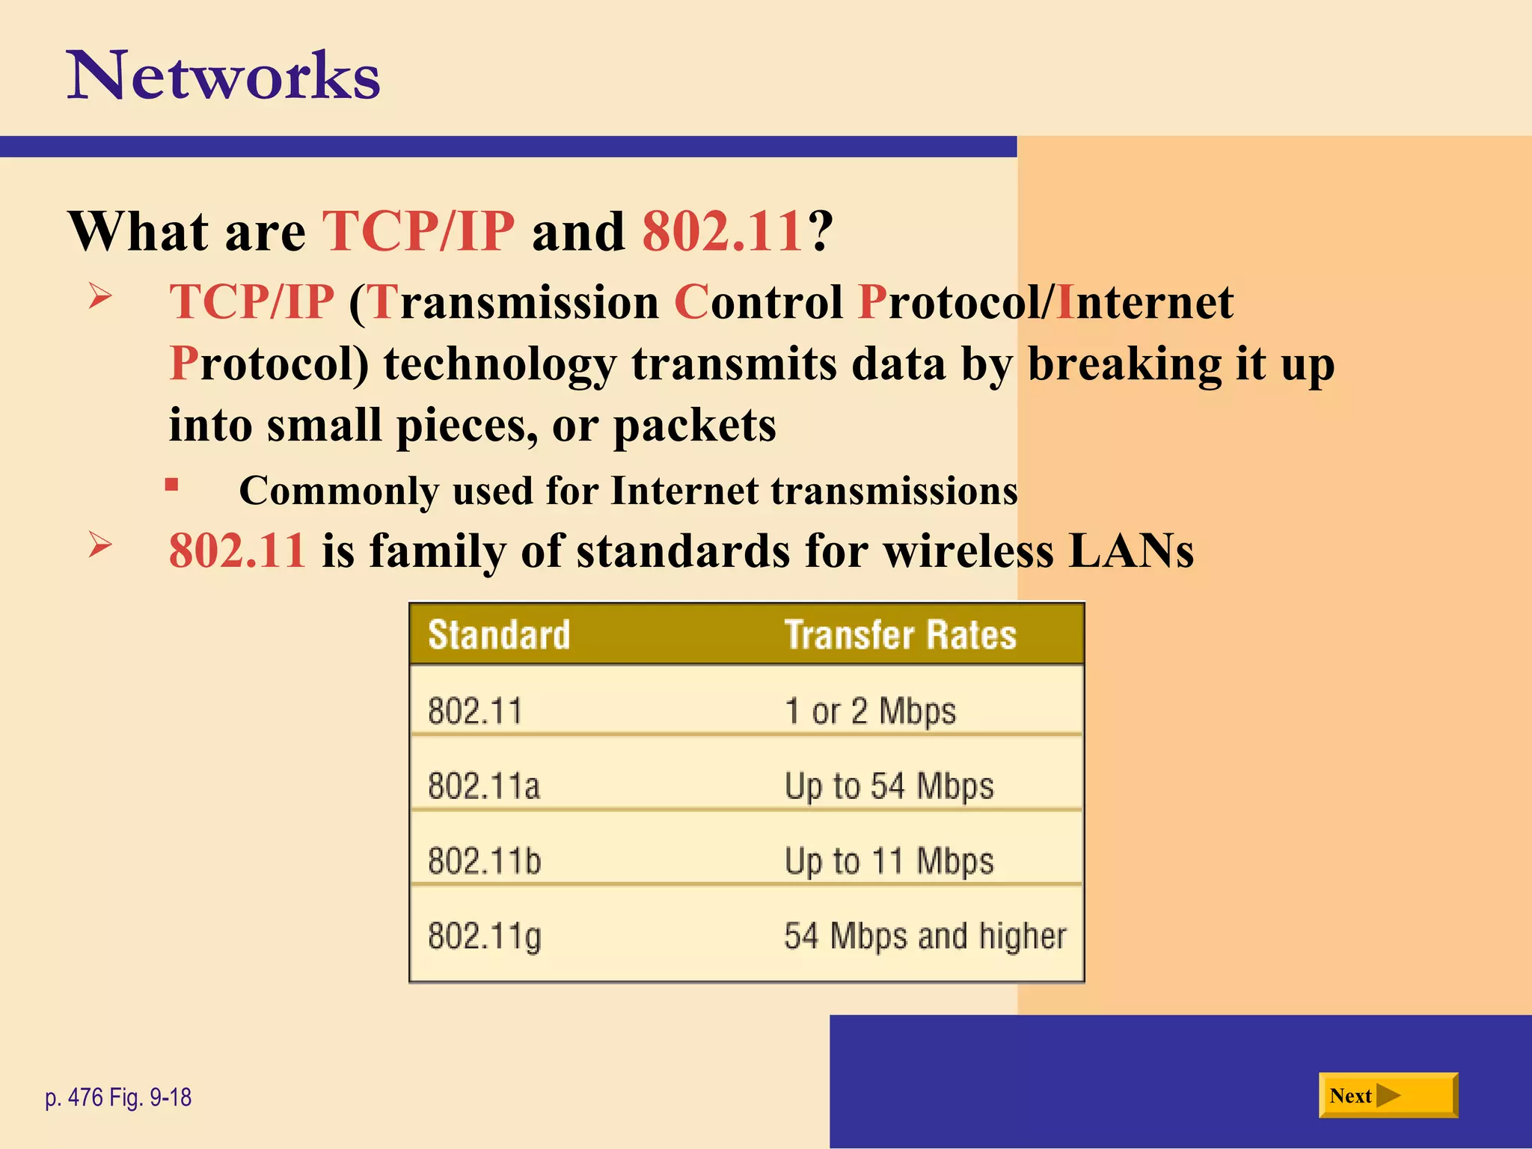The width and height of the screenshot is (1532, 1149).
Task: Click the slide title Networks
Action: click(224, 76)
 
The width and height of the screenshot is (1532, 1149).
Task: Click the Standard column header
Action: click(499, 635)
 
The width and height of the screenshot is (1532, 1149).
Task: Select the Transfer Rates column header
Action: click(900, 635)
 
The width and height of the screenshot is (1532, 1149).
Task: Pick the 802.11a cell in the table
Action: click(484, 786)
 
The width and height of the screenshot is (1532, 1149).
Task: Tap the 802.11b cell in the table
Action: click(484, 861)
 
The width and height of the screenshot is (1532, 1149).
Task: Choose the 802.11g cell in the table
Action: click(484, 937)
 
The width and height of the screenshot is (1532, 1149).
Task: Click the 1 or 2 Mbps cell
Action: click(870, 711)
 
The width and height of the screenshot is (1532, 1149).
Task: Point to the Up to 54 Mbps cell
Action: click(889, 786)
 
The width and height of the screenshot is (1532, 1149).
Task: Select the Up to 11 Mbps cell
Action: click(889, 861)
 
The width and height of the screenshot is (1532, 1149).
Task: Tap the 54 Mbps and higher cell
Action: click(925, 937)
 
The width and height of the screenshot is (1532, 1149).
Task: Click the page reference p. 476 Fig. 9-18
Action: click(118, 1097)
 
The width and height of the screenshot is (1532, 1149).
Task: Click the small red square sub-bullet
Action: click(172, 485)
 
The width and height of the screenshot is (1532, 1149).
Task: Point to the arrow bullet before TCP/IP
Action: click(99, 296)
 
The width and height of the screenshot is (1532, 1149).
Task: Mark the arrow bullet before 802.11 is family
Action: click(99, 544)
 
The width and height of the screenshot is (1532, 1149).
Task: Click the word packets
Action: click(694, 426)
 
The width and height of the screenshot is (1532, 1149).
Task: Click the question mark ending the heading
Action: click(821, 231)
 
